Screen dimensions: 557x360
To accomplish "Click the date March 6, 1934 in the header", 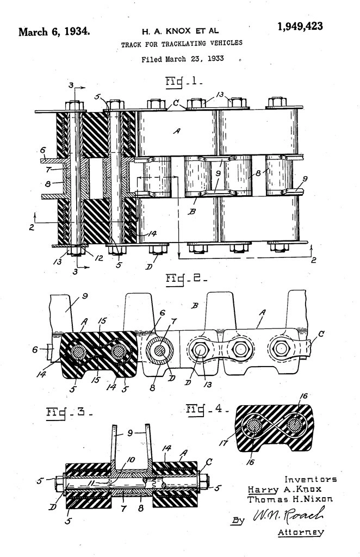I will coord(54,31).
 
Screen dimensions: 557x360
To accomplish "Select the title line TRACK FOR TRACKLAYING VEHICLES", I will coord(182,43).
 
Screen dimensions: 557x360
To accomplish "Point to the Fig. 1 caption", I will coord(183,82).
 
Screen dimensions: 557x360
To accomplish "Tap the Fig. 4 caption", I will coord(205,408).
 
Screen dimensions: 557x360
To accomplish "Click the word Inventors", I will coord(311,479).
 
